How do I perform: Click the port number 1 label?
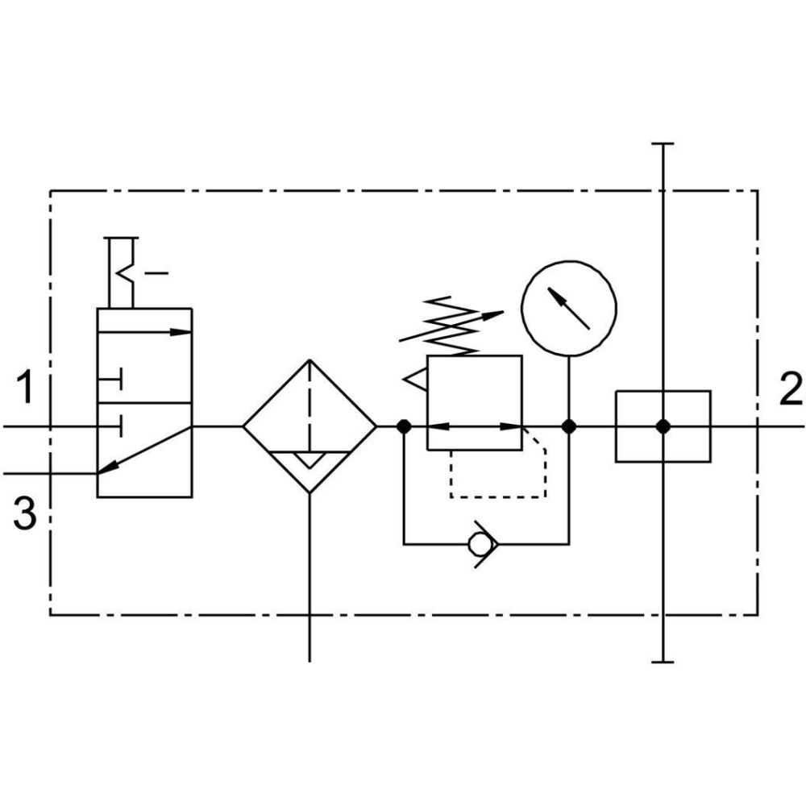click(25, 388)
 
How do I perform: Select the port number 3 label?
click(25, 513)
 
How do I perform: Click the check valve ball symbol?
click(478, 544)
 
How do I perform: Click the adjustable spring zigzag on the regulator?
click(451, 326)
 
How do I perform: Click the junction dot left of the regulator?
click(404, 426)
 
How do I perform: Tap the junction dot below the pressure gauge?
click(569, 426)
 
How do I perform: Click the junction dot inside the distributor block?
click(663, 426)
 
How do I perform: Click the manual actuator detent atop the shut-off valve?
click(122, 272)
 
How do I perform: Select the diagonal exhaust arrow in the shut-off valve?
click(144, 450)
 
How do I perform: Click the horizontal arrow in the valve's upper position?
click(144, 332)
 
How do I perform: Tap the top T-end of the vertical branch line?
click(663, 144)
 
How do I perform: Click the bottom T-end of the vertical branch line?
click(663, 662)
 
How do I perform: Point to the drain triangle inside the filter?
click(310, 460)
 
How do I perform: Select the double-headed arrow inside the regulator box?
click(475, 426)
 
